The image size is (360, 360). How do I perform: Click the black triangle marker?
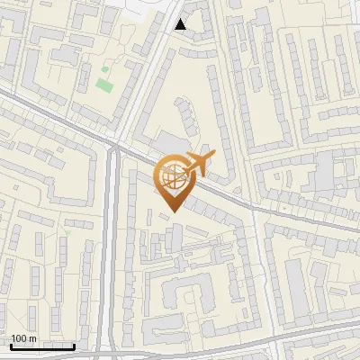181,24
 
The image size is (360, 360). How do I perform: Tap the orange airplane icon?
197,164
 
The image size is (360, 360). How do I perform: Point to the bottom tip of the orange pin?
171,211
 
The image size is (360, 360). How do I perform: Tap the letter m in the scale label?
33,338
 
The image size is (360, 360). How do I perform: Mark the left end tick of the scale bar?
12,346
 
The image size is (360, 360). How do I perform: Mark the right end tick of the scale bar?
74,346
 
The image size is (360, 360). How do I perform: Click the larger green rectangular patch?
103,86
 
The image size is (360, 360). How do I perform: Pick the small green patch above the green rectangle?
105,69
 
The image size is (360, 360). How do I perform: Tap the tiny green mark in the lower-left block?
65,232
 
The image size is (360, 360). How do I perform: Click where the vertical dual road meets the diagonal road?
113,144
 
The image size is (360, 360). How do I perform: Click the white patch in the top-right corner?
346,7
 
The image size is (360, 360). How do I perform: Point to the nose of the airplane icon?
213,157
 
